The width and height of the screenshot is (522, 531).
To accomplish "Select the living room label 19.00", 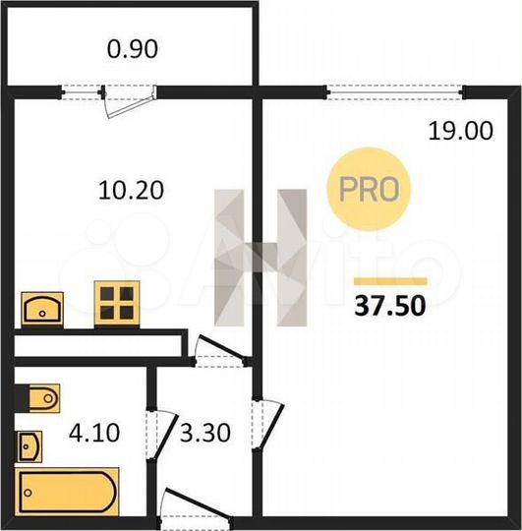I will (x=460, y=130).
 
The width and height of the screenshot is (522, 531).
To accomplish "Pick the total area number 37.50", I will (x=389, y=306).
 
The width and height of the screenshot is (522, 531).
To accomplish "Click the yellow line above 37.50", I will (x=388, y=279).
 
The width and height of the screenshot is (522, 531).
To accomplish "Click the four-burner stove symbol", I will (x=116, y=303).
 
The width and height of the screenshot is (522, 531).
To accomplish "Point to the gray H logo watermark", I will (x=261, y=258).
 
